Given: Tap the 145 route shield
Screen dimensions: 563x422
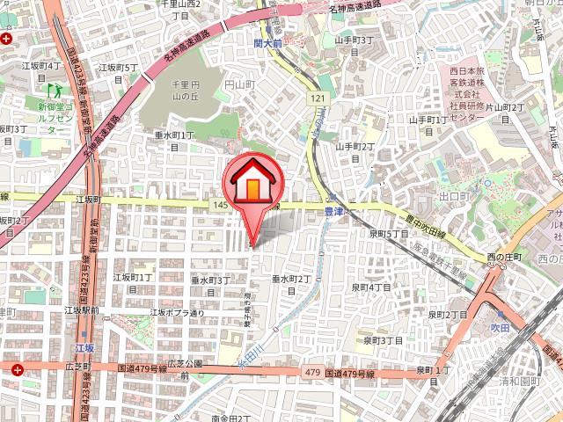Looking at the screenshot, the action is (x=220, y=204).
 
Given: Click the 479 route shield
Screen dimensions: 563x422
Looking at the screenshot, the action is (x=311, y=374).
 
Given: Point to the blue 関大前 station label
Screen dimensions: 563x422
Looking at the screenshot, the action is (x=266, y=41).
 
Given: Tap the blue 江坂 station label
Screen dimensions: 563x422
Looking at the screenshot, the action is (x=84, y=349).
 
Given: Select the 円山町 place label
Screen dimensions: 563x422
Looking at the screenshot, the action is (x=239, y=84).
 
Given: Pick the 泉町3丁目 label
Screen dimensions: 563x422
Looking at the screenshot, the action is (x=384, y=340).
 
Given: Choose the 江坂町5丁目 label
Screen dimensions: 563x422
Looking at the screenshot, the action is (x=119, y=71).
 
